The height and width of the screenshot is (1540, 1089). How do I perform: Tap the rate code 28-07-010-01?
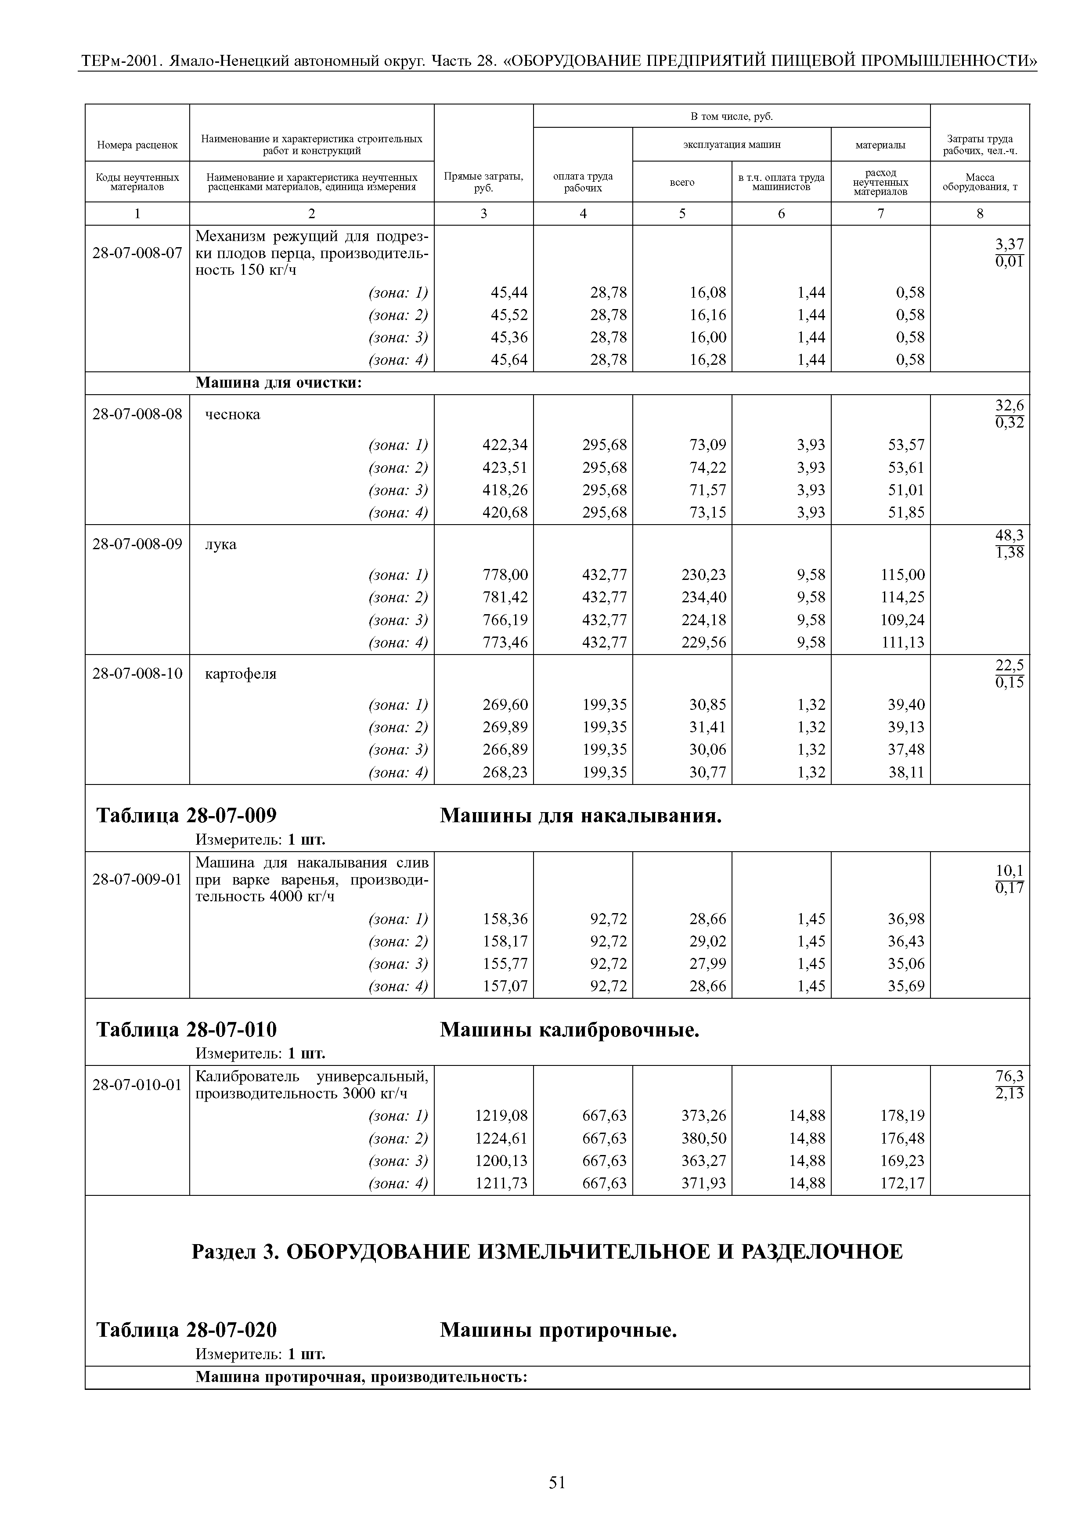[137, 1085]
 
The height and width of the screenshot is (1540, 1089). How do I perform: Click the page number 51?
[557, 1482]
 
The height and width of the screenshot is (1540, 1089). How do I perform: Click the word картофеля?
[240, 673]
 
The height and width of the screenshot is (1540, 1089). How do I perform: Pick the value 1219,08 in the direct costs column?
[501, 1115]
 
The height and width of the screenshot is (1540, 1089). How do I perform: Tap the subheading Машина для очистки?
[278, 383]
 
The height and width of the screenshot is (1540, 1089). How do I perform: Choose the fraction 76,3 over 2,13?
[1009, 1085]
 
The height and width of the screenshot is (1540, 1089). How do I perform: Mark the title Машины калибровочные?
[570, 1029]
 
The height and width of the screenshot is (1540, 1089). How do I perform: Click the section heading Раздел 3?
[547, 1252]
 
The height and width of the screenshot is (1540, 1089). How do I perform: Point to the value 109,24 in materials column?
[902, 620]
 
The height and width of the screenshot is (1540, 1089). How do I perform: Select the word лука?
[221, 544]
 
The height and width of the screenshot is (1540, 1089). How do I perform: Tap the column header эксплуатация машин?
[732, 144]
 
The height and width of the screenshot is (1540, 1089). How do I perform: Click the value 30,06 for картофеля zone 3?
[708, 749]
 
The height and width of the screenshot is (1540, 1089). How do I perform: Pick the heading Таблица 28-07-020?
[187, 1330]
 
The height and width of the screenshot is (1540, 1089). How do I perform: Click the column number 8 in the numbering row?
[980, 213]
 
